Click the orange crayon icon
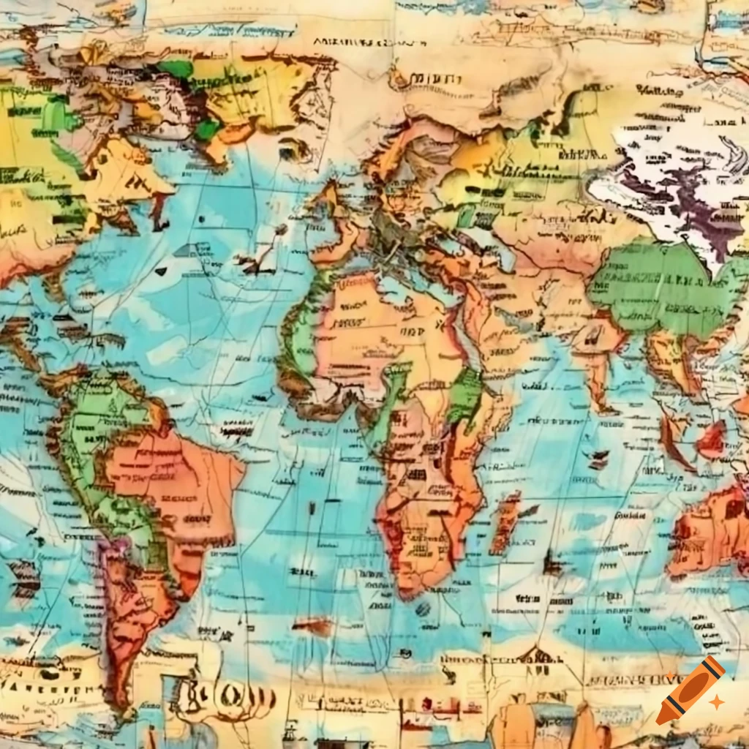[690, 690]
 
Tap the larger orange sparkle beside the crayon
[717, 701]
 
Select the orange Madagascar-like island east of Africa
[505, 521]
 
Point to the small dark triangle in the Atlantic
[161, 271]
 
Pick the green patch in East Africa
[466, 395]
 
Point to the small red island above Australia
[710, 440]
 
